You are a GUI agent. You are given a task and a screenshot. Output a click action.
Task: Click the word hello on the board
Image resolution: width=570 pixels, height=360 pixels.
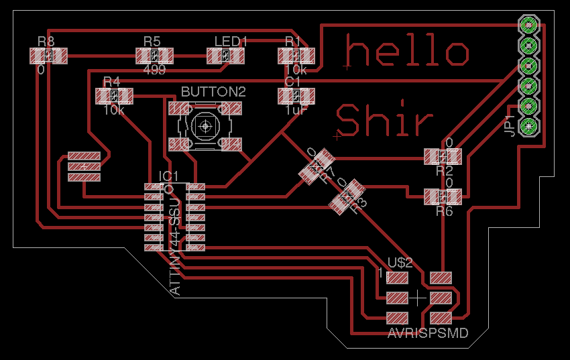pyautogui.click(x=407, y=52)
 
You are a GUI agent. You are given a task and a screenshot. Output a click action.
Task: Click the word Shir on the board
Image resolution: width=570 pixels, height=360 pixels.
pyautogui.click(x=384, y=121)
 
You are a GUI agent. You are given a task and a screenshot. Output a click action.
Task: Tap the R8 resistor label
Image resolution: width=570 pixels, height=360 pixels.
pyautogui.click(x=46, y=42)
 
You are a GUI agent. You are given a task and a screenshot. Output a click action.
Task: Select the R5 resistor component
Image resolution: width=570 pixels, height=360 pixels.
pyautogui.click(x=154, y=56)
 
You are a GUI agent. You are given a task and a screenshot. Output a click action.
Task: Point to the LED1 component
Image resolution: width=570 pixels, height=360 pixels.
pyautogui.click(x=225, y=56)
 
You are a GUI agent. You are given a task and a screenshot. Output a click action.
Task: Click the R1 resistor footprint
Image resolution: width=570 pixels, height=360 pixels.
pyautogui.click(x=296, y=56)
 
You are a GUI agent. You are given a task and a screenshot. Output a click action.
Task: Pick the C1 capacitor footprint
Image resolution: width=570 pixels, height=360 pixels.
pyautogui.click(x=296, y=96)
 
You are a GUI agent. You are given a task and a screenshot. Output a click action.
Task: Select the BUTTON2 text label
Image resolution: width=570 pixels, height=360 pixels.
pyautogui.click(x=213, y=91)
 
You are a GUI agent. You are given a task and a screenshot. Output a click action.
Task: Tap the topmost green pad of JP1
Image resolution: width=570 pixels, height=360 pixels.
pyautogui.click(x=529, y=26)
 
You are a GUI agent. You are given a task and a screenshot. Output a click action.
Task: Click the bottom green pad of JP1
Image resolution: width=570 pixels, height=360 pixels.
pyautogui.click(x=529, y=125)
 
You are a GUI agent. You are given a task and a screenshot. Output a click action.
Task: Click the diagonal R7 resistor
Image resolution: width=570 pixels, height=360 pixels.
pyautogui.click(x=317, y=166)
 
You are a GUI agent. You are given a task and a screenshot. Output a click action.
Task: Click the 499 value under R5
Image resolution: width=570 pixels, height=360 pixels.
pyautogui.click(x=154, y=70)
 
